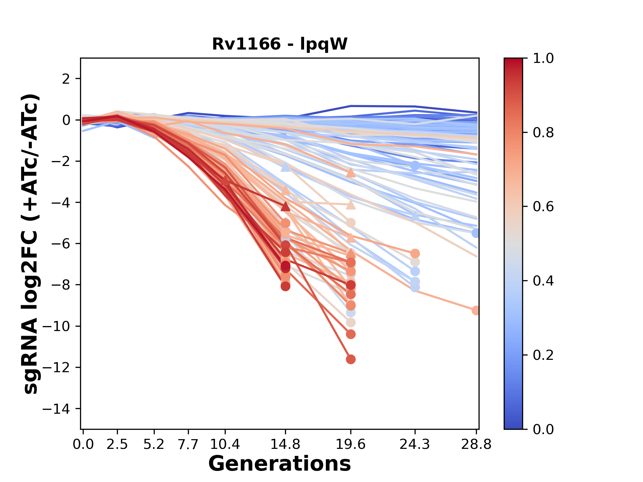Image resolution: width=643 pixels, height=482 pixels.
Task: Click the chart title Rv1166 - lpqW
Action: tap(280, 44)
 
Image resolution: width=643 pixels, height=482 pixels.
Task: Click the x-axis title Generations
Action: tap(280, 464)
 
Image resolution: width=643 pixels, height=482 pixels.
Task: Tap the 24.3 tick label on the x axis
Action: tap(415, 445)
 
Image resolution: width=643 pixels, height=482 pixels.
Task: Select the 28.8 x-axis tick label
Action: tap(476, 445)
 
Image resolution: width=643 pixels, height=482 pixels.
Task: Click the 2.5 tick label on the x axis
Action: tap(117, 445)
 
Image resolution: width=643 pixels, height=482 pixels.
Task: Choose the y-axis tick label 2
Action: tap(66, 79)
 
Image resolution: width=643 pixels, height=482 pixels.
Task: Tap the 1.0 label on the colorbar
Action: tap(543, 59)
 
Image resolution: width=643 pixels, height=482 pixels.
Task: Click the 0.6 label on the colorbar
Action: tap(543, 207)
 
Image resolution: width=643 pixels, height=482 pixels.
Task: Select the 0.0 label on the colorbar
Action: tap(543, 429)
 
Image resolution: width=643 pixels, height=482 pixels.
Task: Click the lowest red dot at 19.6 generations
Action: tap(351, 359)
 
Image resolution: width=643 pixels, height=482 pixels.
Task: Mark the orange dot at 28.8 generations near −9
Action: tap(476, 311)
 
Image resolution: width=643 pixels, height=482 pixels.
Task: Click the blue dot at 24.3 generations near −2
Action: tap(415, 166)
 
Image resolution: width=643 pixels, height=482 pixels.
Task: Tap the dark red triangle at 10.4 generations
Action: tap(225, 181)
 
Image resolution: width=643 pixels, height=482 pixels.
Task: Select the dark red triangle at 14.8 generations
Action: tap(285, 206)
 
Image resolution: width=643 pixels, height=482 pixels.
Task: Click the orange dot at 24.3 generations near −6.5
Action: tap(415, 253)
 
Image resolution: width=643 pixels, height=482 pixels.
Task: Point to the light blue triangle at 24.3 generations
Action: tap(415, 216)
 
